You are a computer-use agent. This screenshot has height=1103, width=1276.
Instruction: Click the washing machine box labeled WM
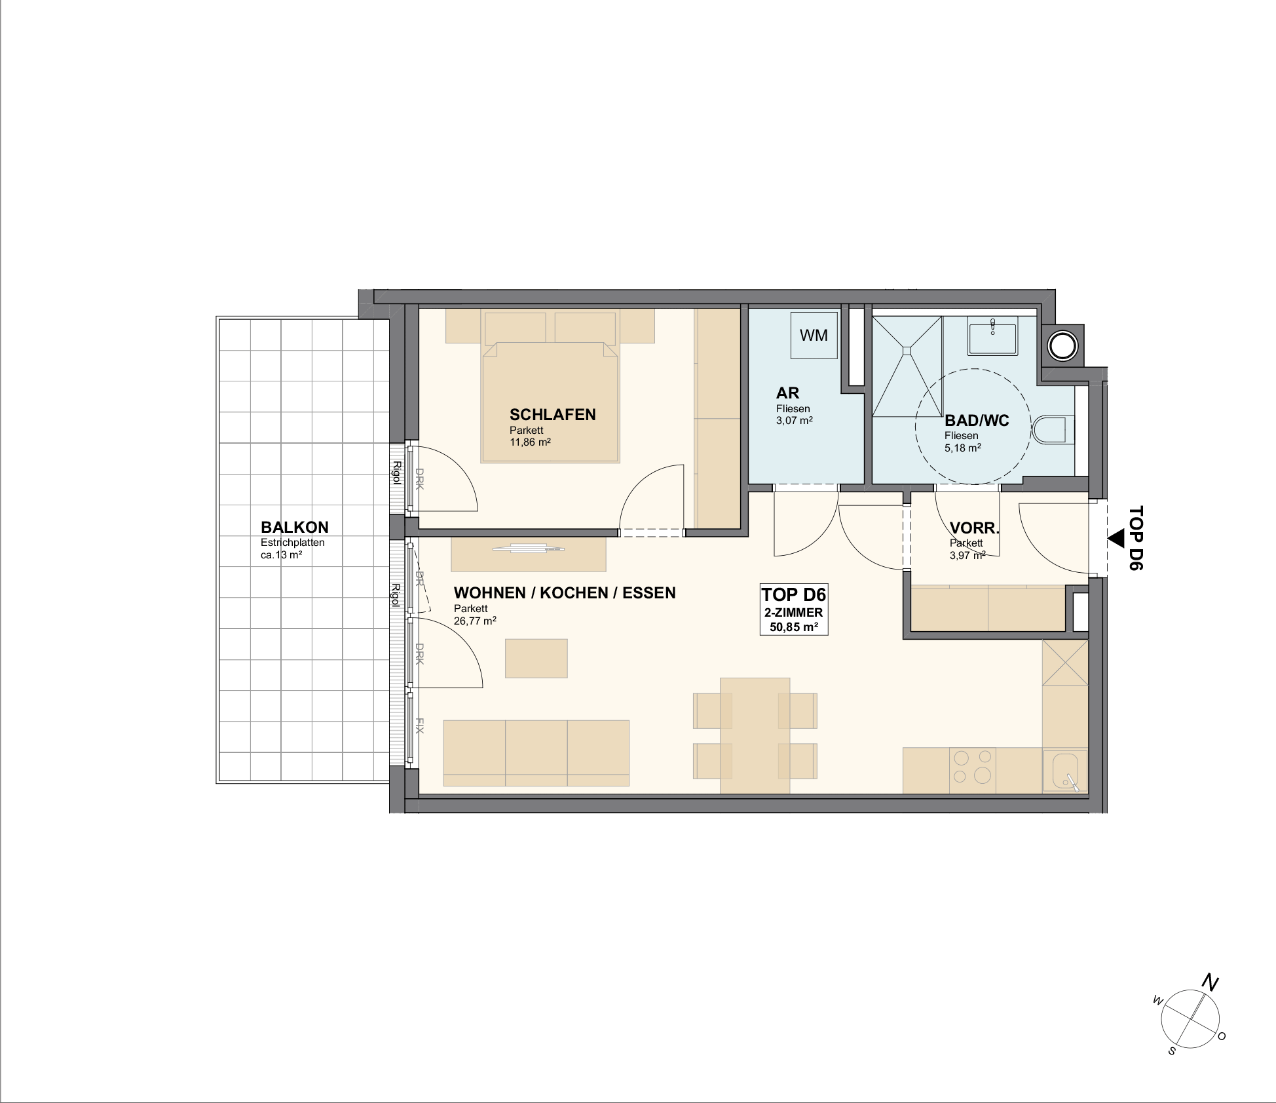(x=814, y=335)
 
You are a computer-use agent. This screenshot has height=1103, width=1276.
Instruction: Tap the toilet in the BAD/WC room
(x=1053, y=430)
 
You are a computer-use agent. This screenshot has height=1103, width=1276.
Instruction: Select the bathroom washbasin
(x=993, y=335)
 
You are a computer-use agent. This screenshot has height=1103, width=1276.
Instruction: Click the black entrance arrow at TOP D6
(x=1116, y=539)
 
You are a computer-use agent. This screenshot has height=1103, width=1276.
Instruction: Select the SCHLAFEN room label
(x=553, y=415)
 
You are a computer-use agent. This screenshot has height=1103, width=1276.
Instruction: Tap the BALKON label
(x=295, y=528)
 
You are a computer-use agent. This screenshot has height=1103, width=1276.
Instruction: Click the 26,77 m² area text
(x=475, y=621)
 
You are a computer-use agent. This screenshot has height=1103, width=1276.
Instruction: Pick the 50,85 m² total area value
(x=794, y=627)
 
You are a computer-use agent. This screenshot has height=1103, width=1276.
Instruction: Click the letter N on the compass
(x=1210, y=983)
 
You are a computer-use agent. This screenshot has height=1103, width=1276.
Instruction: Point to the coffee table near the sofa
(x=536, y=659)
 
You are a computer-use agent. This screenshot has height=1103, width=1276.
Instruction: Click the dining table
(x=755, y=735)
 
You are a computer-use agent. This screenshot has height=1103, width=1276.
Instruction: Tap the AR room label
(x=787, y=393)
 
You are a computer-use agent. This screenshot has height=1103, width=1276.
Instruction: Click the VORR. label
(x=975, y=528)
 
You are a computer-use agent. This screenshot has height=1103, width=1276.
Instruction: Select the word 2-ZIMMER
(x=793, y=613)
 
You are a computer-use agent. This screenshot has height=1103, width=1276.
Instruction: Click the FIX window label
(x=420, y=726)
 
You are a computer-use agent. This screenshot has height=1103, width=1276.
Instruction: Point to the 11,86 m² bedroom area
(x=530, y=442)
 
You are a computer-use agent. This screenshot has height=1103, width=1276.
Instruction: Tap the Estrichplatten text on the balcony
(x=293, y=543)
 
